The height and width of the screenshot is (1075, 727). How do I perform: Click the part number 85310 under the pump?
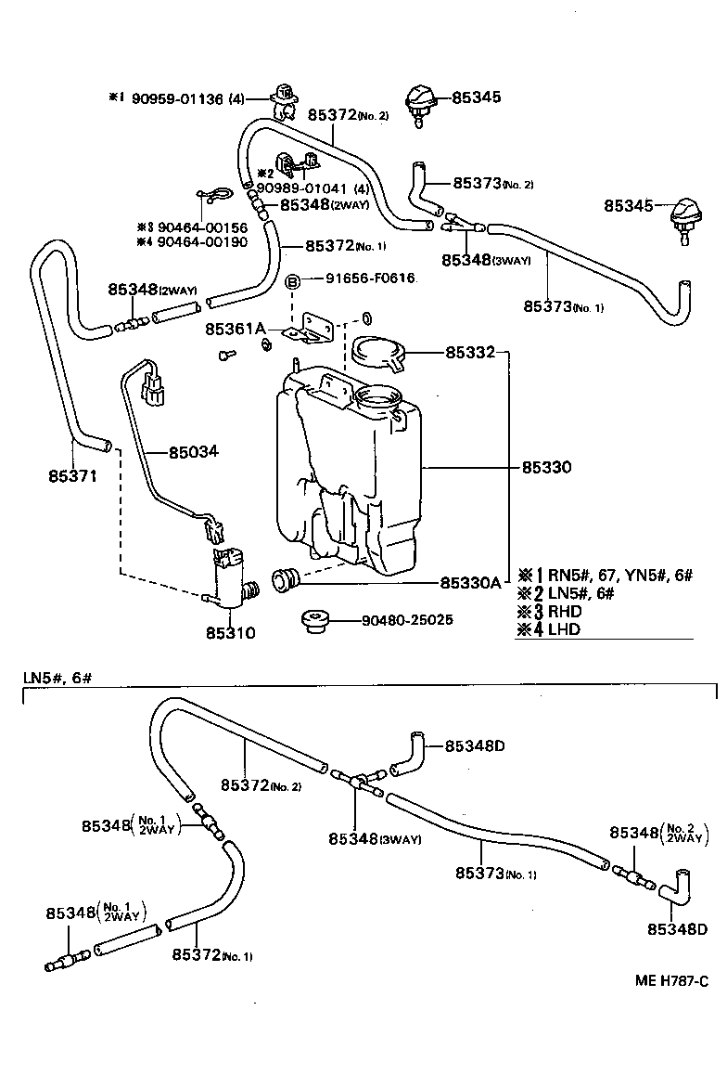point(232,633)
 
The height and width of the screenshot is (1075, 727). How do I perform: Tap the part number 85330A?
point(470,583)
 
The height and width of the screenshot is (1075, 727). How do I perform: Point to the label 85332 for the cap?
point(470,353)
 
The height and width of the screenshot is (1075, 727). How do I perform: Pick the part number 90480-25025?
point(408,619)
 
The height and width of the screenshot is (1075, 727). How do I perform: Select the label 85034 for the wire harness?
point(194,453)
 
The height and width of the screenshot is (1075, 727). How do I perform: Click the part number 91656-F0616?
point(370,278)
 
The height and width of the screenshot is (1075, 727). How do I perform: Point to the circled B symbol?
point(291,280)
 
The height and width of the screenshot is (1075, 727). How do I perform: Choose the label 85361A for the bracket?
point(236,329)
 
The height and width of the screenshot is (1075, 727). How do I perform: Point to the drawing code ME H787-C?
point(671,978)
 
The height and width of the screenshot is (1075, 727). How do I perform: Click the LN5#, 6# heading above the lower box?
point(57,678)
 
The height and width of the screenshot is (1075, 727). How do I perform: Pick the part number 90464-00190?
point(189,241)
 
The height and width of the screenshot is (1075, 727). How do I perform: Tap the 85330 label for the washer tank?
point(546,467)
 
